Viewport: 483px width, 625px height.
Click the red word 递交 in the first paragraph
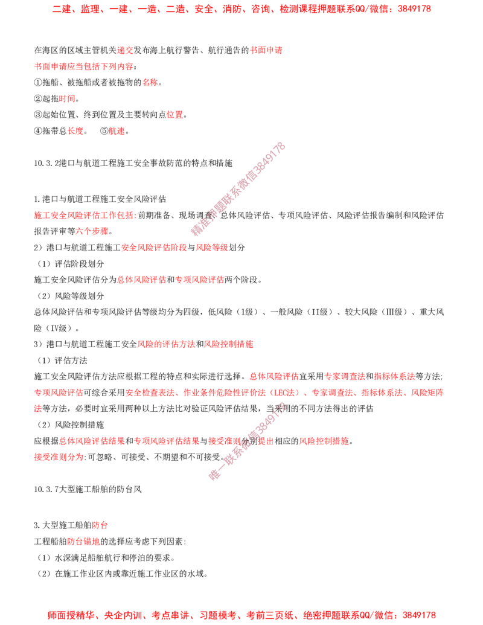pos(125,50)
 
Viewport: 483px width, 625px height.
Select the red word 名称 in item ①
pos(150,83)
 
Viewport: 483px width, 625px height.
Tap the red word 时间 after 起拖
pos(67,98)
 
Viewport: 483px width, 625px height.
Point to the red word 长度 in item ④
pos(75,131)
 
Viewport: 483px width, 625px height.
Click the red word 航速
pos(117,131)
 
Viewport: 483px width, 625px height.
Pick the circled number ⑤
pos(104,131)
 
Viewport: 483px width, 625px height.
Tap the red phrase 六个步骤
pos(92,231)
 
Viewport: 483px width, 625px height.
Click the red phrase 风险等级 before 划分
pos(211,248)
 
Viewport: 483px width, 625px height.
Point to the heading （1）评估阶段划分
pos(70,264)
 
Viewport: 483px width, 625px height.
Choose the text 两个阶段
pos(241,280)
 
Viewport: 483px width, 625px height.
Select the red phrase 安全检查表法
pos(150,393)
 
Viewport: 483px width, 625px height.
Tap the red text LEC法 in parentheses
pos(284,393)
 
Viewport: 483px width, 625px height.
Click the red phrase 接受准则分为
pos(59,457)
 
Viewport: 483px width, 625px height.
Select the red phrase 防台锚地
pos(83,541)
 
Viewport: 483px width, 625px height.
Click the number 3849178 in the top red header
pos(414,9)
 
